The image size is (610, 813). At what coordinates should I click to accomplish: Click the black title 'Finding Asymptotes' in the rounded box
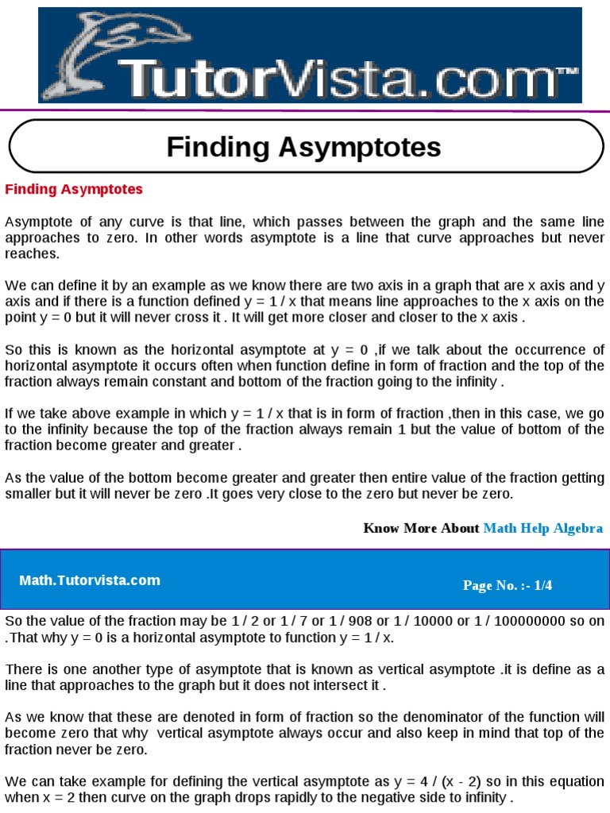coord(303,147)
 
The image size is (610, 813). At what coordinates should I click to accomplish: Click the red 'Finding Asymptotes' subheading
coord(75,189)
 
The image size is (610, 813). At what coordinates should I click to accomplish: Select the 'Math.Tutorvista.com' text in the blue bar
coord(90,580)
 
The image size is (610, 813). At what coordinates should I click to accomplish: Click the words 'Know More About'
coord(421,528)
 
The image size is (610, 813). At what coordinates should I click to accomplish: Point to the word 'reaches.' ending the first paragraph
coord(32,254)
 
